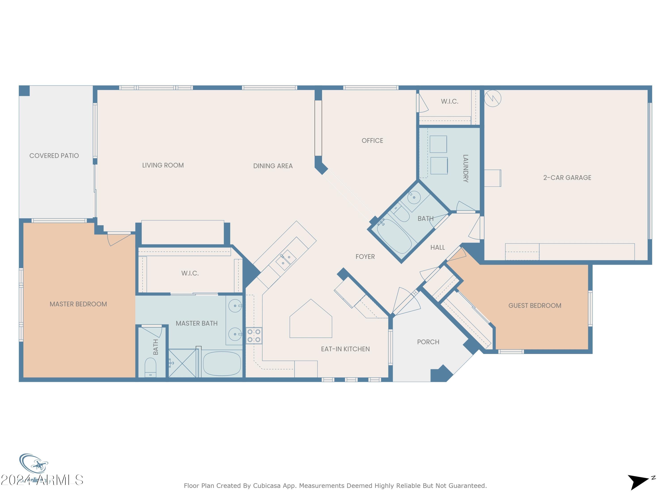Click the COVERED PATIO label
pos(54,156)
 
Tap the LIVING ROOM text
pos(163,165)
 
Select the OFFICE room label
pos(372,141)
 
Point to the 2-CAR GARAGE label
pos(567,178)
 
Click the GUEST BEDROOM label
pos(535,306)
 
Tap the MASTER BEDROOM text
pos(78,304)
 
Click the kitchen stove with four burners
pos(254,336)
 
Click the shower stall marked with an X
pos(182,363)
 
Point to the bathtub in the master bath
pos(222,363)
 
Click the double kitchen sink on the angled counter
pos(286,260)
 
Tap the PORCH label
pos(428,342)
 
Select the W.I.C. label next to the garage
pos(449,101)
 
